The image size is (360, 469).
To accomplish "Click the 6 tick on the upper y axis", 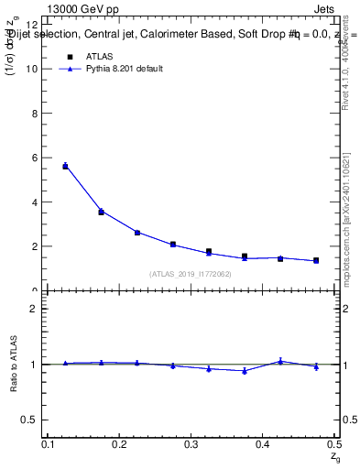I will click(34, 158).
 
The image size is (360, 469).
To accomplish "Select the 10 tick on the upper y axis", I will click(31, 69).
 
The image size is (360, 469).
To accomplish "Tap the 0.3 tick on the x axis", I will click(191, 444).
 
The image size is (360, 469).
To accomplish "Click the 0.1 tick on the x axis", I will click(48, 444).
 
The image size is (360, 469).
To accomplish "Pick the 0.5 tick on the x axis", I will click(333, 444).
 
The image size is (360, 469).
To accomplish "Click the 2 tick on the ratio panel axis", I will click(34, 309).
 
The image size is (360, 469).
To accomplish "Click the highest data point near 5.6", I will click(65, 166).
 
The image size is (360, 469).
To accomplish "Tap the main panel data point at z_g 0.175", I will click(101, 212).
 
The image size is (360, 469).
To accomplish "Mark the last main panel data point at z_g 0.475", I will click(316, 260).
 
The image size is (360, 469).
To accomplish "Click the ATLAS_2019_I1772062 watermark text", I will click(191, 274).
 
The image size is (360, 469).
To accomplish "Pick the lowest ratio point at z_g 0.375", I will click(245, 371).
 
